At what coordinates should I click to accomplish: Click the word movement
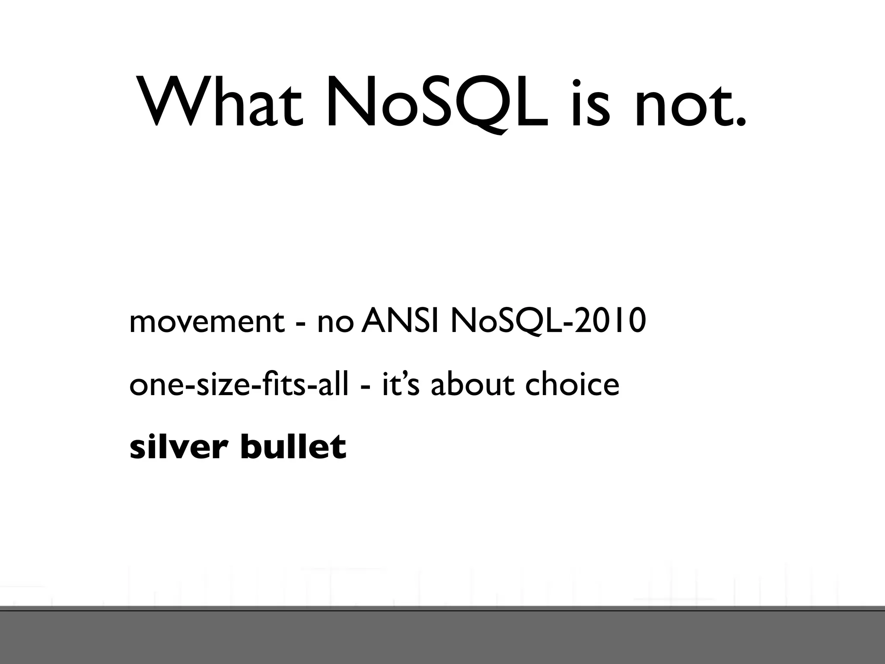pyautogui.click(x=207, y=322)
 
